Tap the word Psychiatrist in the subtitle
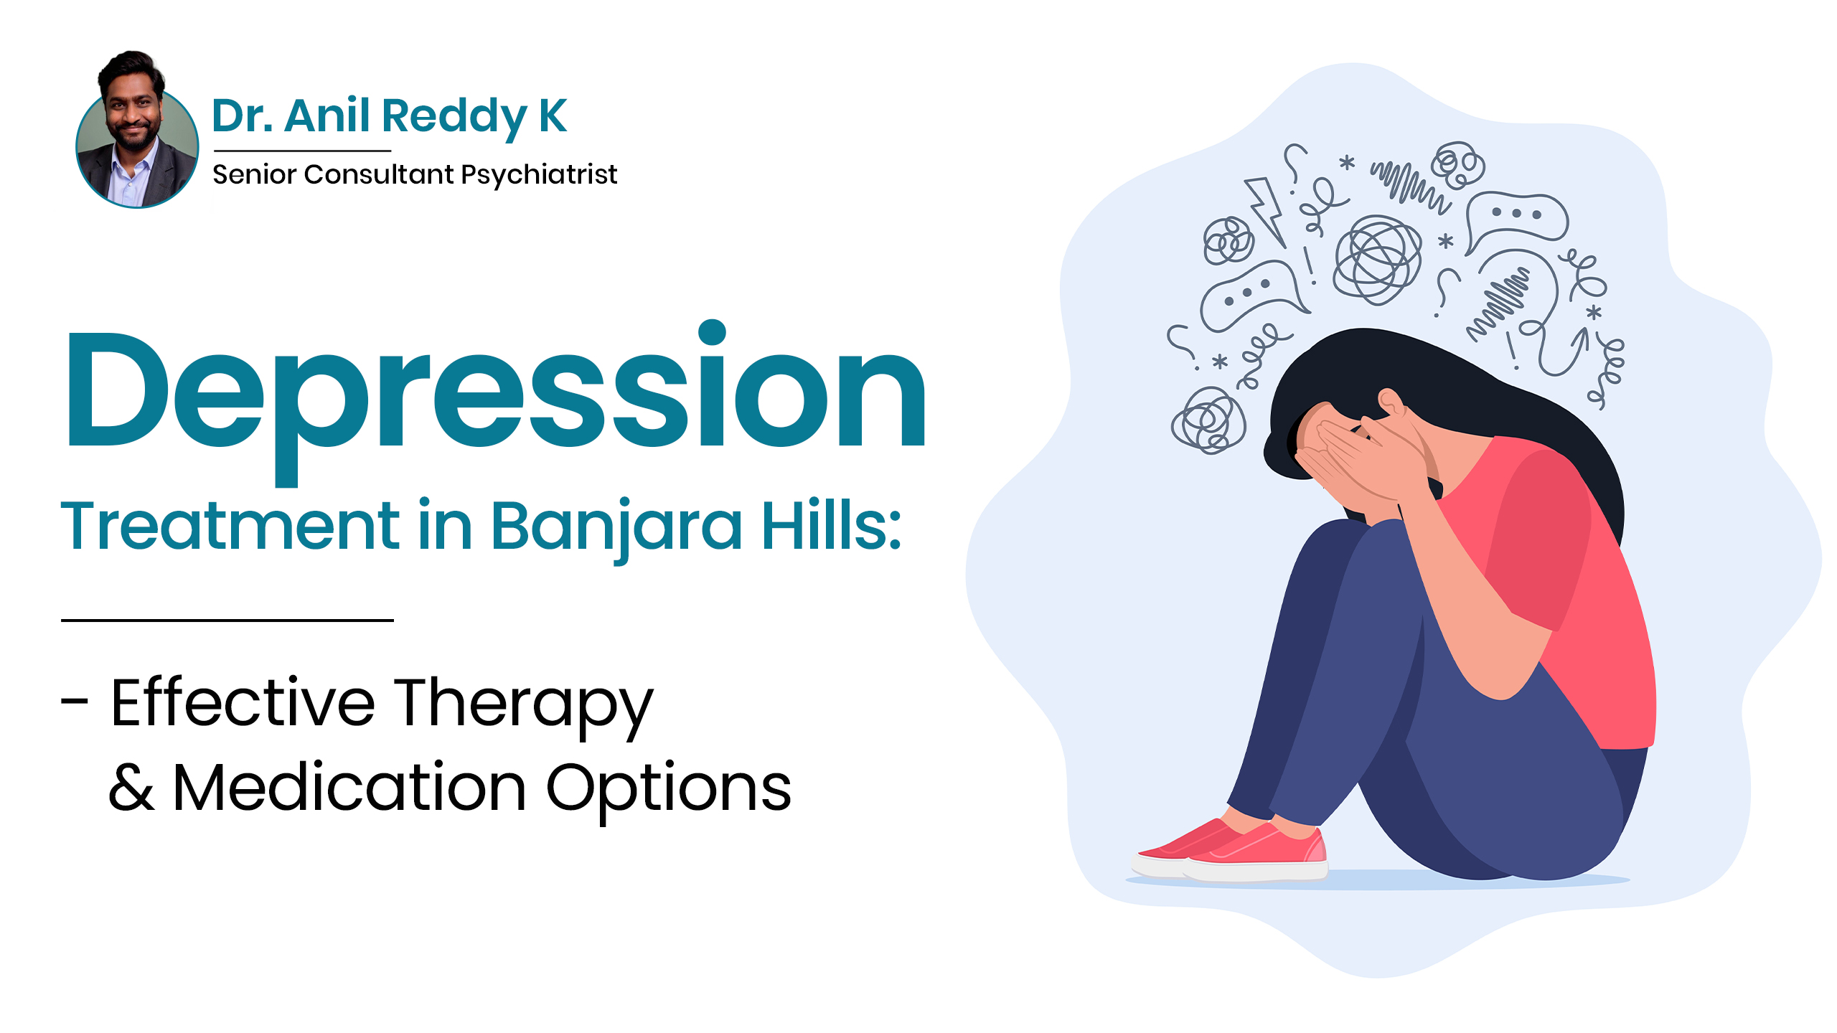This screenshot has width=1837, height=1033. pos(539,175)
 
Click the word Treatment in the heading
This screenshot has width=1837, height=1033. pos(230,525)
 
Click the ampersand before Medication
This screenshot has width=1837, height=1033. pos(131,788)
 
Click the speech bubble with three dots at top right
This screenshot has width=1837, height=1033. pos(1516,220)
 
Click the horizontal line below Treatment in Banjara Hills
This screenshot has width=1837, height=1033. pos(227,620)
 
